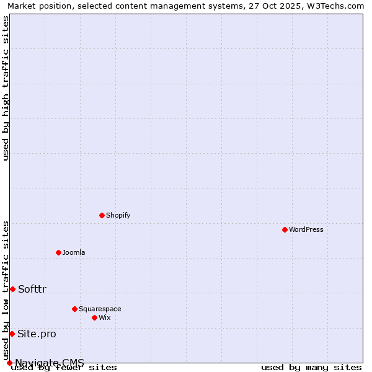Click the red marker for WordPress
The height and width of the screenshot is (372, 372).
[285, 229]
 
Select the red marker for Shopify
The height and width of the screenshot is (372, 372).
[102, 215]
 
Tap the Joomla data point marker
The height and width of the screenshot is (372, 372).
[58, 252]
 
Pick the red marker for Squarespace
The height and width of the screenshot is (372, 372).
[74, 309]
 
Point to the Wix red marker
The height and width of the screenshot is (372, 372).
[94, 317]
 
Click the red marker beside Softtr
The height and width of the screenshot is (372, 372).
[12, 289]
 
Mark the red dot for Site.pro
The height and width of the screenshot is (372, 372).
[12, 334]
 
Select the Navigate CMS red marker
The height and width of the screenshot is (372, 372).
[9, 363]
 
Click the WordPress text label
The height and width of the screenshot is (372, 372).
[306, 229]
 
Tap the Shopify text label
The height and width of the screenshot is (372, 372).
[118, 215]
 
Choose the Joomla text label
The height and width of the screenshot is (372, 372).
[74, 252]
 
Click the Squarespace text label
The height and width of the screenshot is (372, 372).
[100, 309]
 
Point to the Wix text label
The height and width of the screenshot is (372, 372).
[105, 317]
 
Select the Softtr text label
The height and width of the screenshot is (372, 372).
[32, 289]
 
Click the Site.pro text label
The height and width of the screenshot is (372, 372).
[37, 334]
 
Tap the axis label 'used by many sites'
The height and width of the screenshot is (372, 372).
[311, 367]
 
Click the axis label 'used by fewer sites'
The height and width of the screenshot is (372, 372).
[64, 367]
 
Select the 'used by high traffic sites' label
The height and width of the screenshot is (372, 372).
[6, 88]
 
